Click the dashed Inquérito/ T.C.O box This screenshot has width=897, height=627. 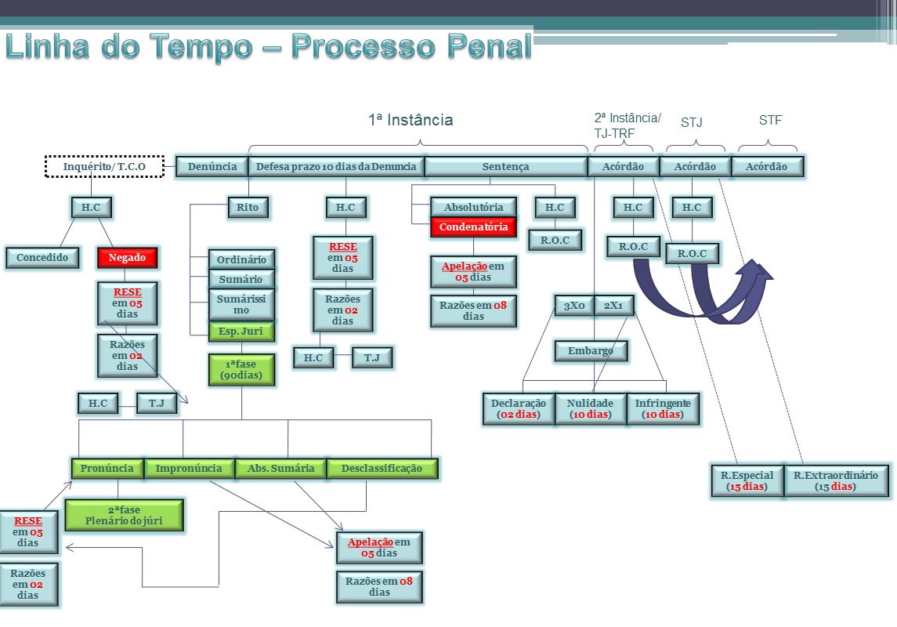104,166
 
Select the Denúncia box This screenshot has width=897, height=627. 212,166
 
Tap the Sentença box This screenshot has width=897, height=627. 506,166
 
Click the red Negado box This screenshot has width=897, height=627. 127,257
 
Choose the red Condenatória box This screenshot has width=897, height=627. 473,227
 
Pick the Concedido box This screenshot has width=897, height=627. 42,257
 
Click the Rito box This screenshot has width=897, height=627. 248,207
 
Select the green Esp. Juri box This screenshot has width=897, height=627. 241,331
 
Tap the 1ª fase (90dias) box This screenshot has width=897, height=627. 241,369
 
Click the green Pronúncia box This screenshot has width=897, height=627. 107,469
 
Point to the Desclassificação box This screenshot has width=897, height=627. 382,469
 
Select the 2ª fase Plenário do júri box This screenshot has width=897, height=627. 124,515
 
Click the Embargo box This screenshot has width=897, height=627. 591,350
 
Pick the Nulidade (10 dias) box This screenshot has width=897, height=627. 590,408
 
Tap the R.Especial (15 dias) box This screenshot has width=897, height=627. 747,480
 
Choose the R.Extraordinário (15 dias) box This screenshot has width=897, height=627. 836,480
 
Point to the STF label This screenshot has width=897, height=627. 770,121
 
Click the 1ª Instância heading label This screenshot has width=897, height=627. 411,120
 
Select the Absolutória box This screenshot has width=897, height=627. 473,207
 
